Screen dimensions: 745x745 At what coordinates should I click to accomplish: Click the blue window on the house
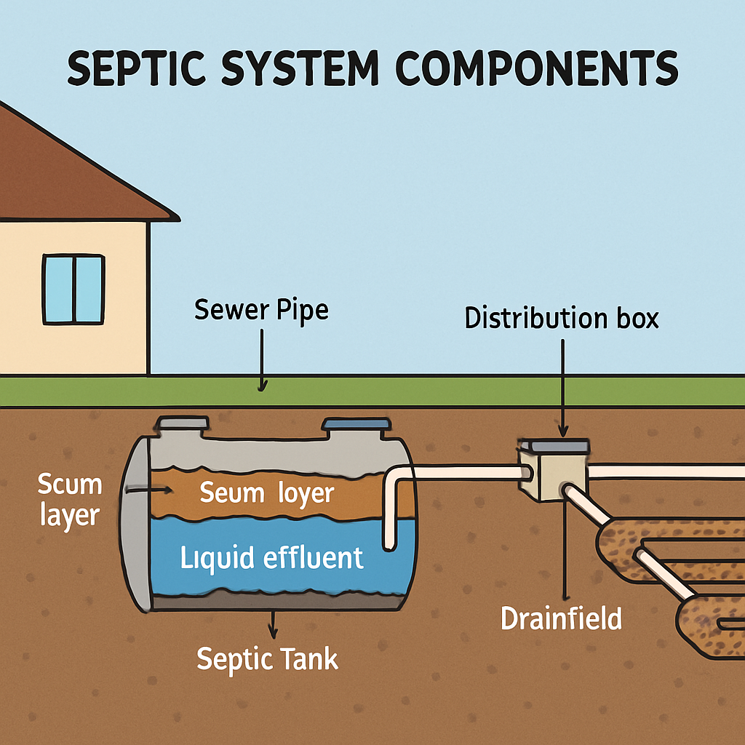coord(73,289)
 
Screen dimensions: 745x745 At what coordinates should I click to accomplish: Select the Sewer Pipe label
coord(261,311)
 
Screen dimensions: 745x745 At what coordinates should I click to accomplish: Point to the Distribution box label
coord(562,319)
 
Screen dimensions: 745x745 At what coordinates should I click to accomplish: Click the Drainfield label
coord(562,618)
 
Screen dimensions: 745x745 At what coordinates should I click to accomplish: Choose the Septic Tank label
coord(268,659)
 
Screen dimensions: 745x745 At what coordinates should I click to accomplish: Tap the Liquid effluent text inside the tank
coord(271,559)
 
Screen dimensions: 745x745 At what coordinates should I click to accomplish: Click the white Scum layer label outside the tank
coord(70,501)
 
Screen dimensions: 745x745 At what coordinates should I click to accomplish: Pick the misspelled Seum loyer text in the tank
coord(266,494)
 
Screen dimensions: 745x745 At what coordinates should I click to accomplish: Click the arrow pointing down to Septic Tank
coord(273,623)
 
